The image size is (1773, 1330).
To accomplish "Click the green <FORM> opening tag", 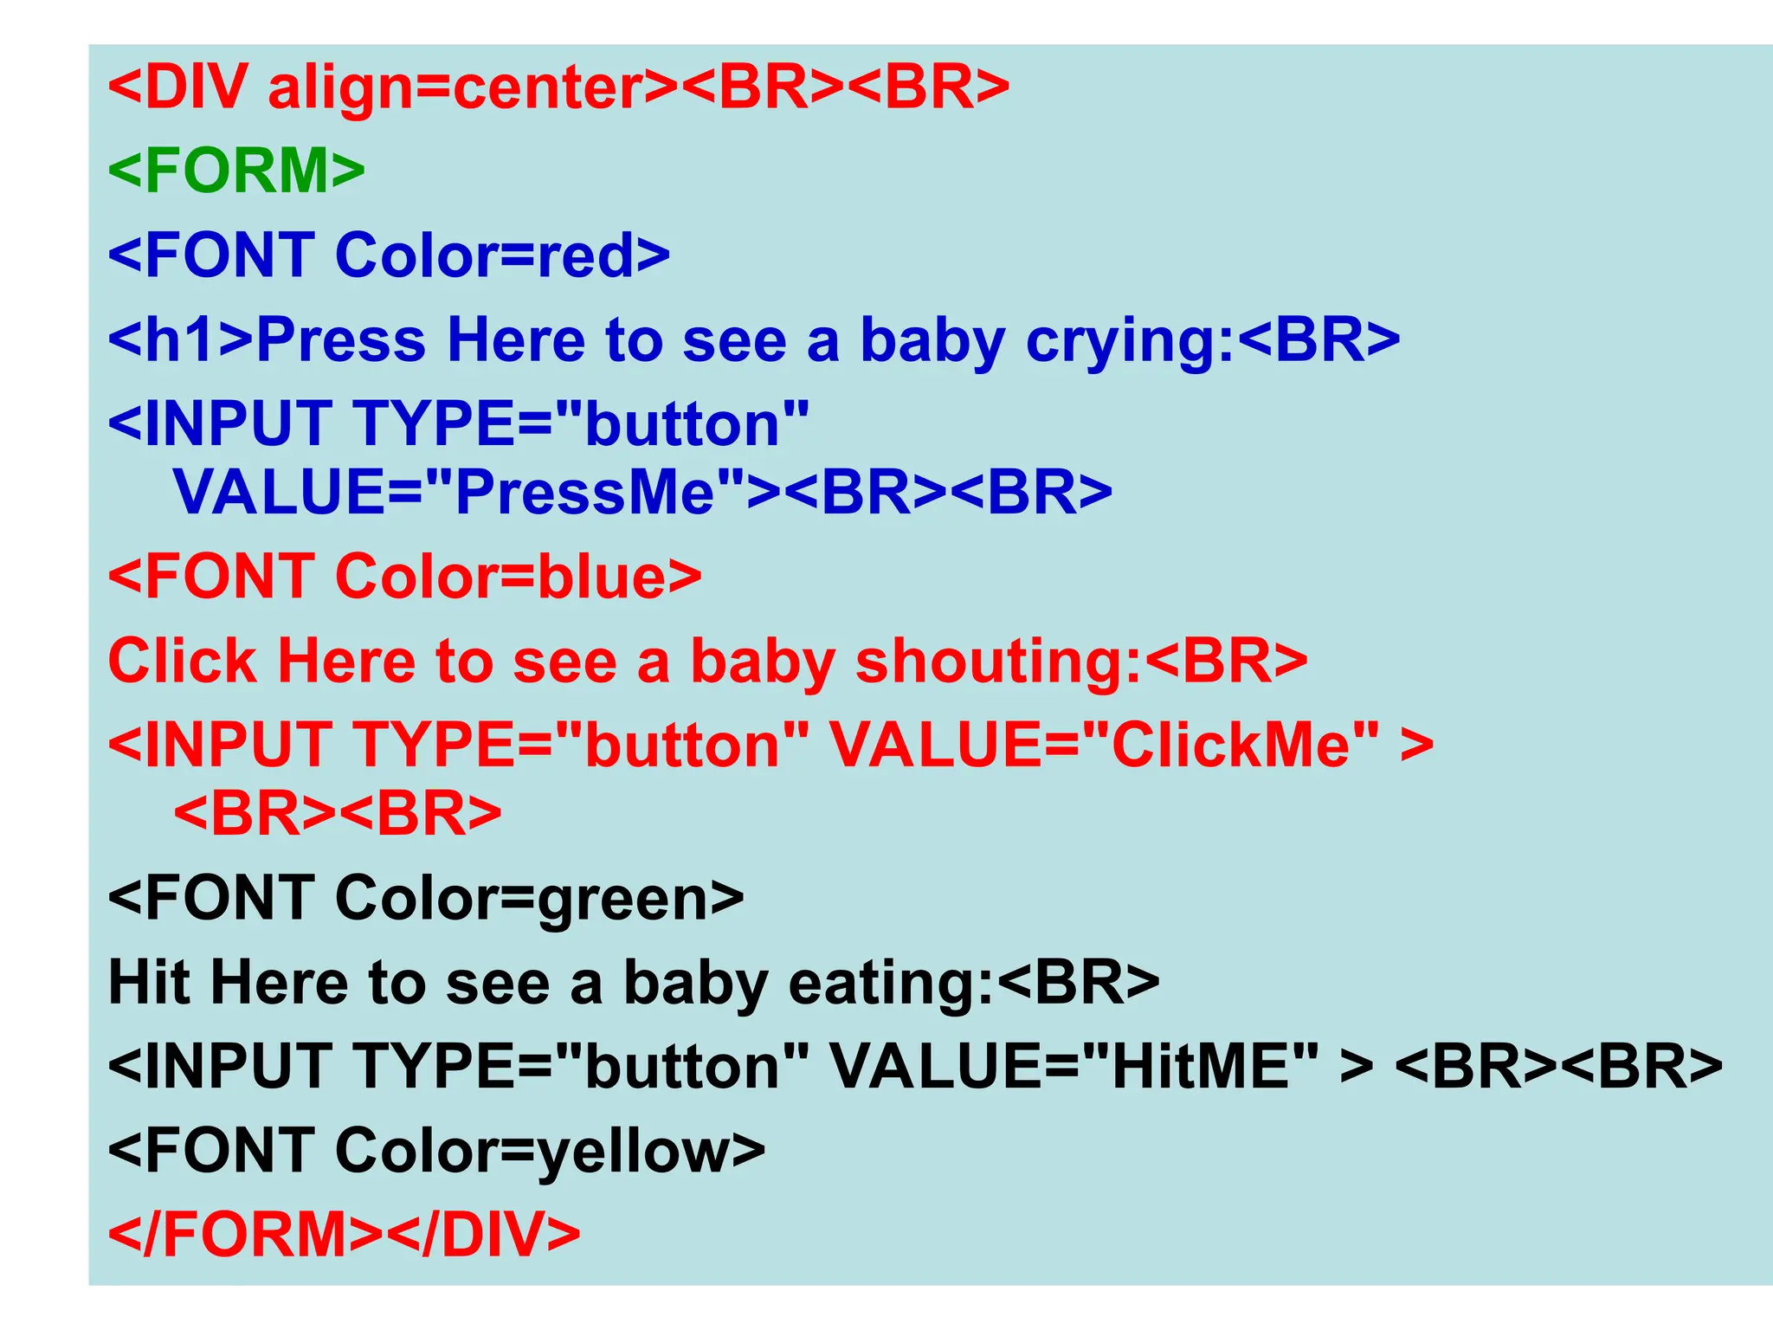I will coord(236,171).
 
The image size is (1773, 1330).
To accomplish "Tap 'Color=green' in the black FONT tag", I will coord(523,899).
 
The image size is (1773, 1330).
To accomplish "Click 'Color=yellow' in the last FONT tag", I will coord(533,1152).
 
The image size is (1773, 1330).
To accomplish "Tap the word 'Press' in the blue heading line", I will coord(342,340).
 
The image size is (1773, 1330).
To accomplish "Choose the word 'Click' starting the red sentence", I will coord(182,662).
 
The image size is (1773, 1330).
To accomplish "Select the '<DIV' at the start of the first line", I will coord(178,87).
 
